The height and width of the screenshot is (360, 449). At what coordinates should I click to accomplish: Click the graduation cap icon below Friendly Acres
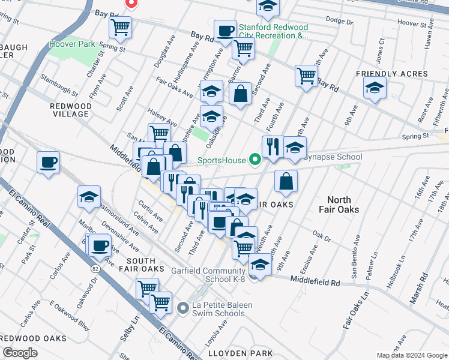click(x=375, y=88)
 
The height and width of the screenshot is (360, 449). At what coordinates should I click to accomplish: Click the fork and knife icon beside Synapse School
click(x=273, y=145)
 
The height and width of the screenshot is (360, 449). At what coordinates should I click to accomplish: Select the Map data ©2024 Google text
click(x=411, y=355)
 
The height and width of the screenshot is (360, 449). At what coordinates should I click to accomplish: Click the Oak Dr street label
click(x=322, y=234)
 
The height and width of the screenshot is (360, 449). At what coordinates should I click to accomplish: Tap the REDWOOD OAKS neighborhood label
click(x=33, y=338)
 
